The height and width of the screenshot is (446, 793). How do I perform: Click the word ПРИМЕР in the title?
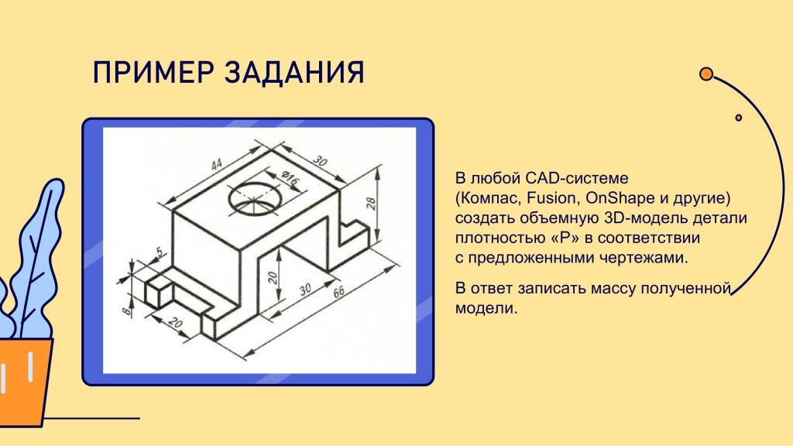point(153,72)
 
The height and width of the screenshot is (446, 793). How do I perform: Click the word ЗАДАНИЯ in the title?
point(294,72)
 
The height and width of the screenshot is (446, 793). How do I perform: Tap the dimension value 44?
point(217,165)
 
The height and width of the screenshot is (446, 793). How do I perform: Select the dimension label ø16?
point(290,179)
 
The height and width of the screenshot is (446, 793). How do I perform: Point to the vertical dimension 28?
point(371,204)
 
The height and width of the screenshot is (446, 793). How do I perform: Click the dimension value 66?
point(338,292)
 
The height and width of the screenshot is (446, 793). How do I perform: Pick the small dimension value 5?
point(160,252)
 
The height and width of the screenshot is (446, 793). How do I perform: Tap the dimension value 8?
point(126,308)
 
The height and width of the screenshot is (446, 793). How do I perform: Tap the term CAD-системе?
point(576,178)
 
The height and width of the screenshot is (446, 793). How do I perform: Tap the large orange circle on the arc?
point(706,74)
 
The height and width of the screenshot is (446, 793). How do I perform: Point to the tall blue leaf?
point(37,253)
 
